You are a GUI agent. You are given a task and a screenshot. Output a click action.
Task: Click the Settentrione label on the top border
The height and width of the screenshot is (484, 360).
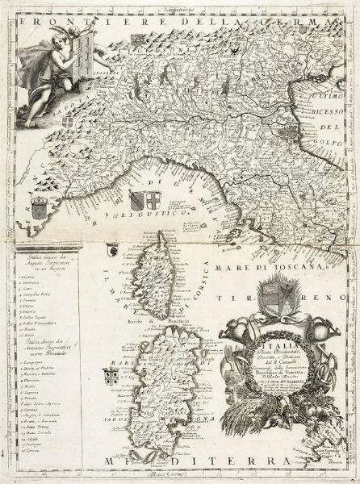tap(178, 6)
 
